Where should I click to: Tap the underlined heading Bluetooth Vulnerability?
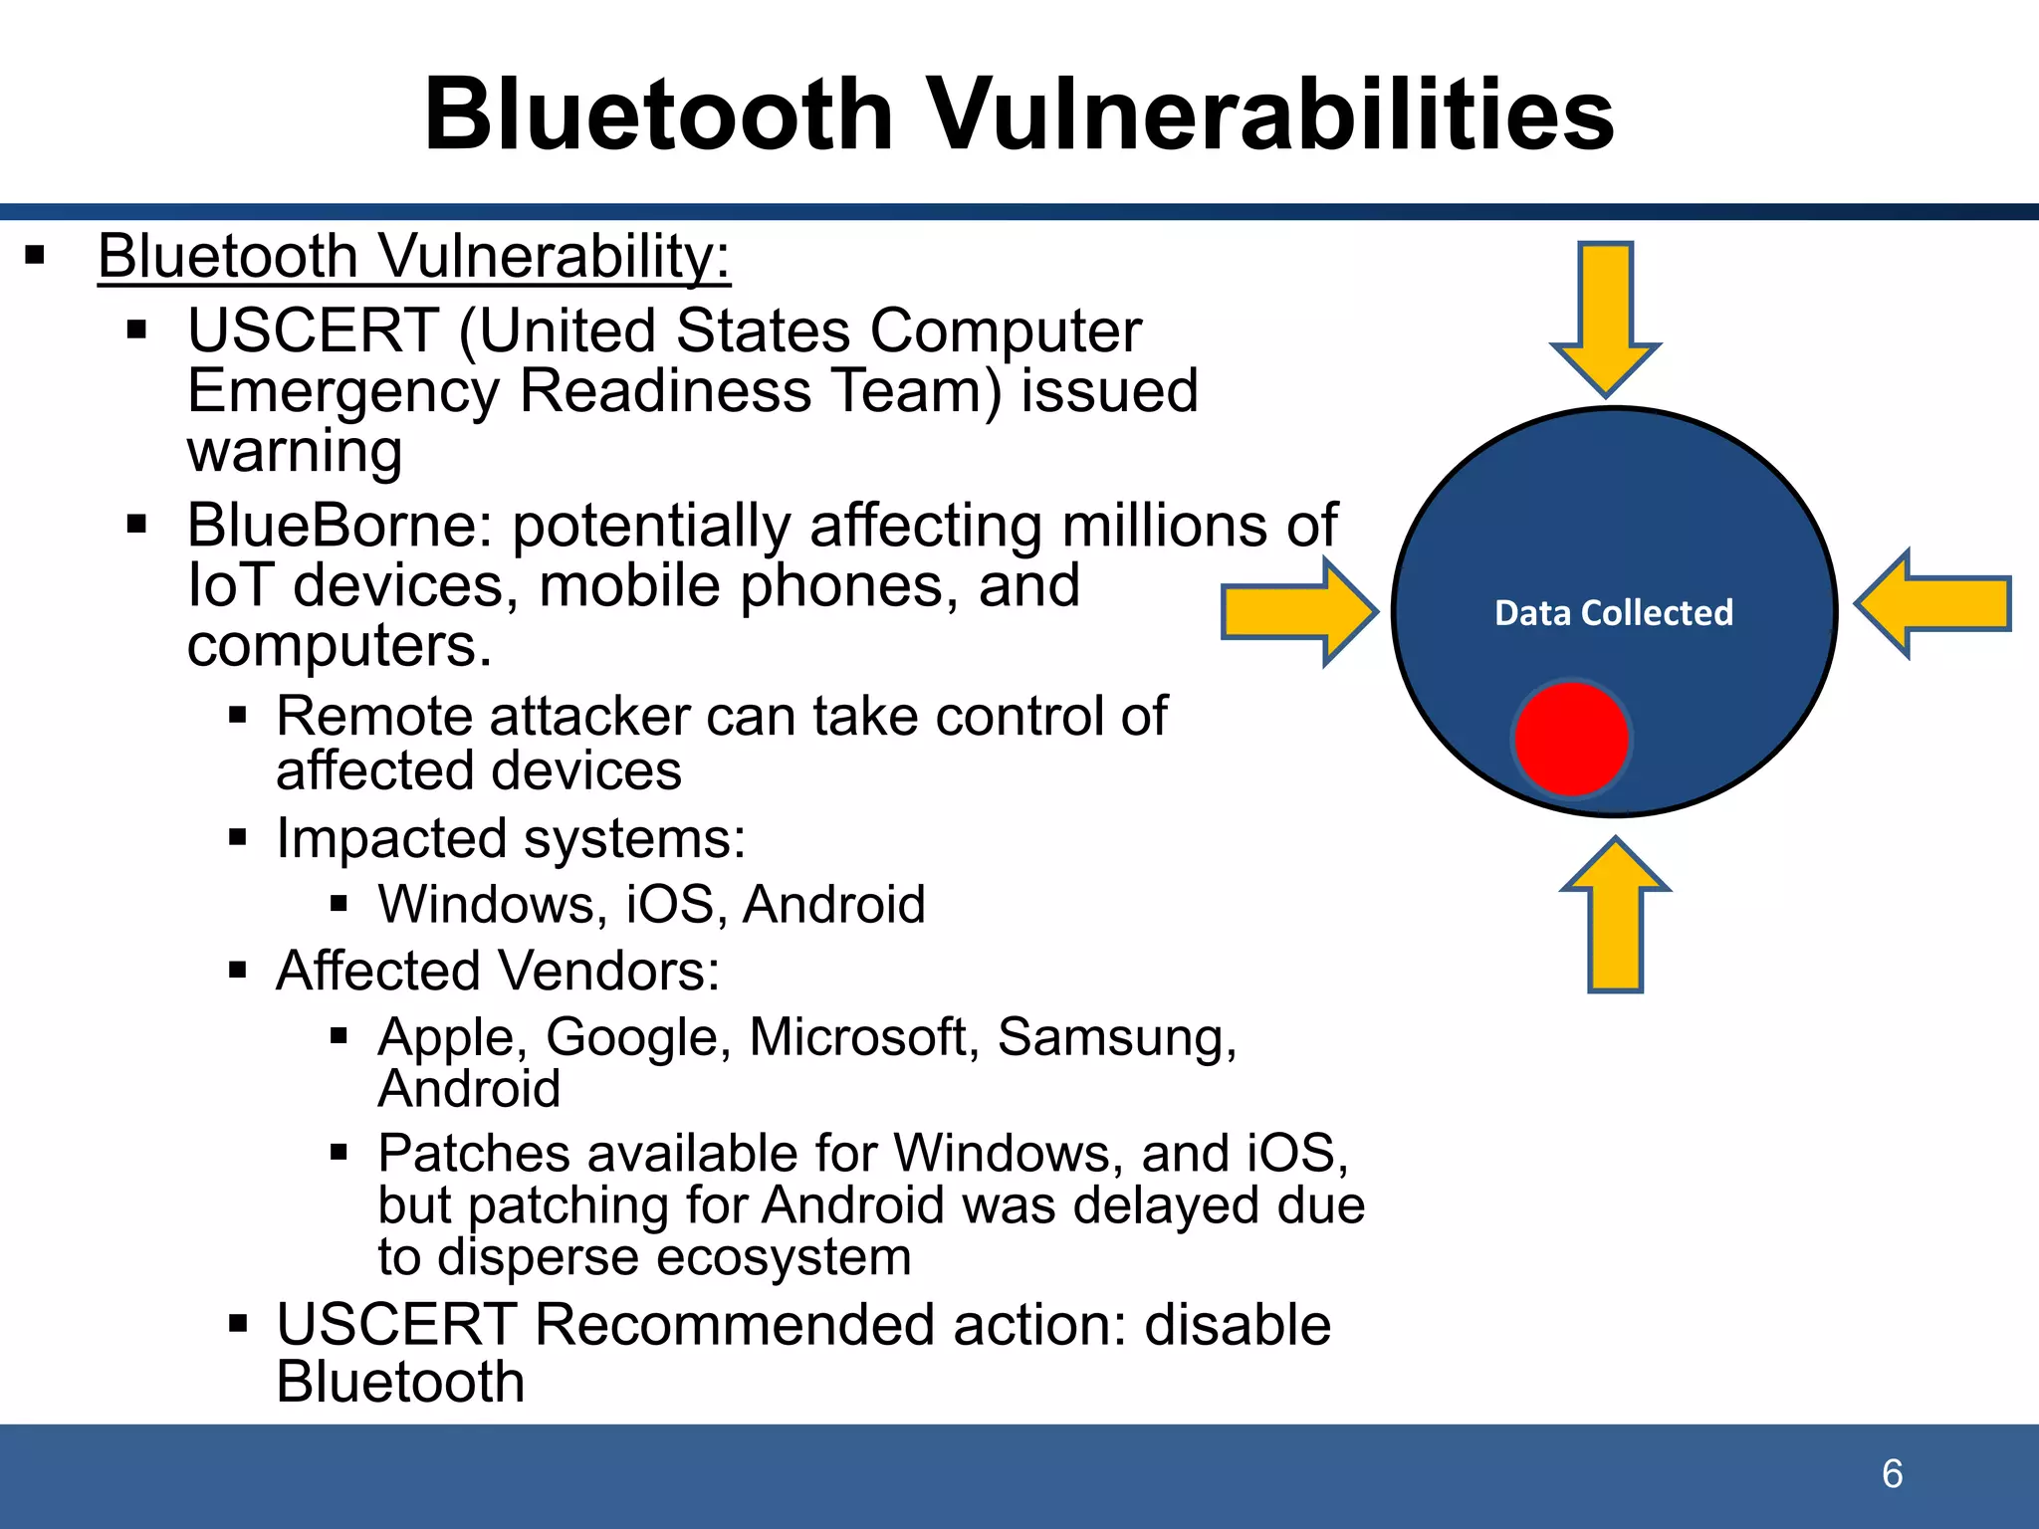point(414,257)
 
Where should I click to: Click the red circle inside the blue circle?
point(1570,739)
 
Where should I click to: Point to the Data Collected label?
point(1613,612)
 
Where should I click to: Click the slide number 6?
point(1892,1474)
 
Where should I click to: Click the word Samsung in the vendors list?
point(1117,1037)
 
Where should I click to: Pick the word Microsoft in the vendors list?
point(857,1037)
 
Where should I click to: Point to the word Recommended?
point(735,1325)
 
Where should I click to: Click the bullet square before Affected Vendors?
point(237,970)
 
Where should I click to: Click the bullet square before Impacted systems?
point(237,837)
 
